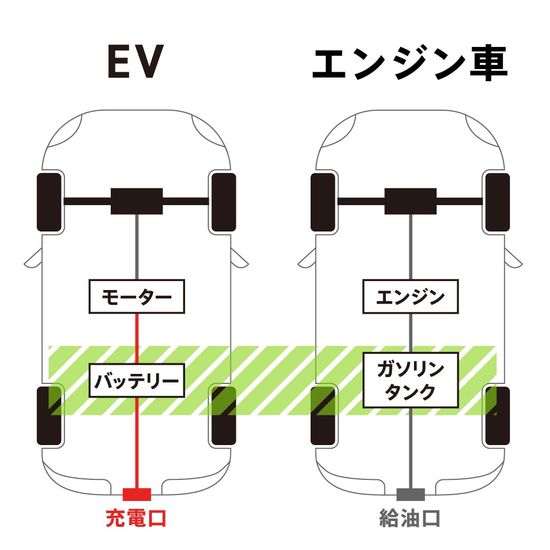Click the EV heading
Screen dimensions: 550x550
tap(136, 62)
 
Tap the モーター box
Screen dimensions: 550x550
tap(137, 296)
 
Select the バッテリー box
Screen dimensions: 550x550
tap(137, 380)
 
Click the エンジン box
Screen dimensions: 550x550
tap(410, 296)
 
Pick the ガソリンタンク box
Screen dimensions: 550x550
tap(410, 380)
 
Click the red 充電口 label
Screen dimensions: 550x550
tap(136, 518)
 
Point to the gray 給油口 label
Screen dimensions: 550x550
tap(410, 518)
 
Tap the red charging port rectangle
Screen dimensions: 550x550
tap(137, 494)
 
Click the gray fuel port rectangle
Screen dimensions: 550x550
tap(410, 494)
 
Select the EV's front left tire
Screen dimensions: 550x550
tap(50, 202)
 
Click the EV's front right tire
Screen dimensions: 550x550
tap(223, 202)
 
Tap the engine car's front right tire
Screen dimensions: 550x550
tap(497, 202)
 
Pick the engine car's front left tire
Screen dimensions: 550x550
tap(323, 202)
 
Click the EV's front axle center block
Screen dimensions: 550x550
tap(137, 201)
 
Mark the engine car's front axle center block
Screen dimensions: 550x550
tap(410, 201)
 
